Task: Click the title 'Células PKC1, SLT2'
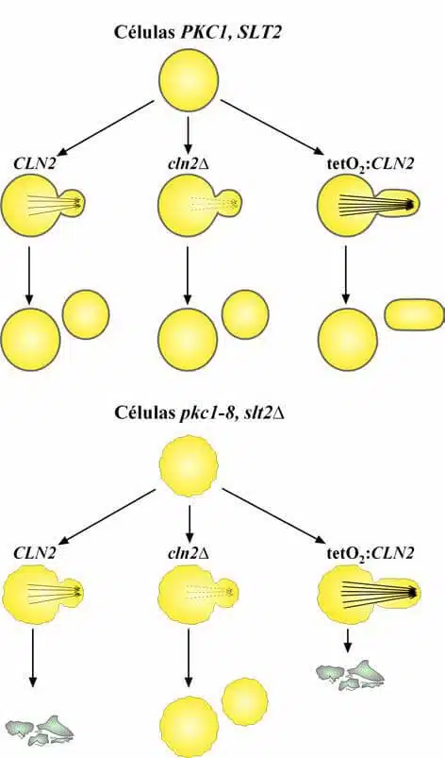(196, 32)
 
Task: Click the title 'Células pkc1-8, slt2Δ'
(198, 413)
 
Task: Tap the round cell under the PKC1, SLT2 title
(189, 79)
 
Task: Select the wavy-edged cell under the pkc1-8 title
(189, 465)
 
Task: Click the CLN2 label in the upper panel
(34, 164)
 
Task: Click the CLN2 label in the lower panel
(34, 553)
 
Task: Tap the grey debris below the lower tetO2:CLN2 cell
(351, 674)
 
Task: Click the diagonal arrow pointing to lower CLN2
(107, 516)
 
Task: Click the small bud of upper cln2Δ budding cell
(230, 203)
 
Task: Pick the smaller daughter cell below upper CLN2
(87, 314)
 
